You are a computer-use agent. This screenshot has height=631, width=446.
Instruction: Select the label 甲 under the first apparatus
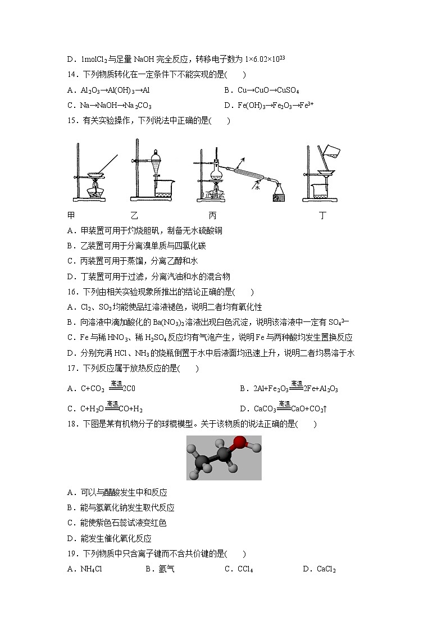pos(71,215)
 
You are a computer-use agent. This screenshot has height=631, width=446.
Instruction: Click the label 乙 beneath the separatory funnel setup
pos(134,215)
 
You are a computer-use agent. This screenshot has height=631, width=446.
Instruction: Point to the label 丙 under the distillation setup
pos(212,215)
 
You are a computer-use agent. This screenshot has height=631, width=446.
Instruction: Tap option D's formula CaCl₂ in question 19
pos(326,569)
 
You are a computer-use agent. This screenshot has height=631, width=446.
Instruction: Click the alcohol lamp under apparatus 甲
pos(97,191)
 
